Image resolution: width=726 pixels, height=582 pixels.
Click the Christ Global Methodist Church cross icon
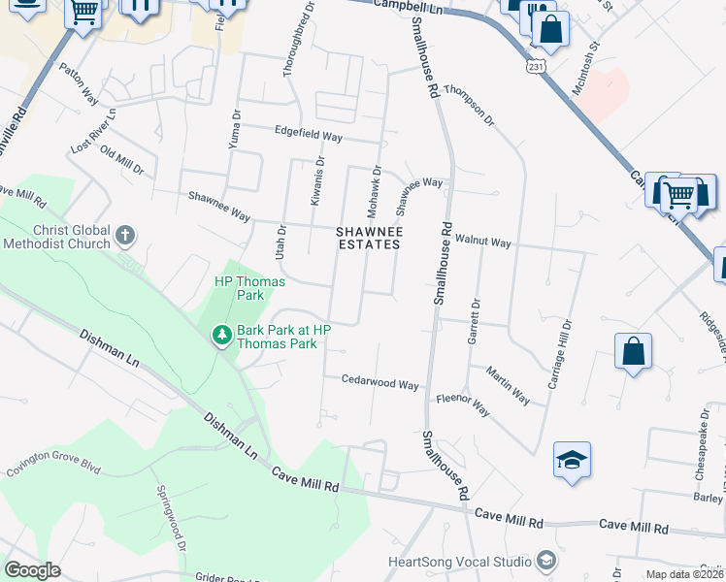tap(125, 235)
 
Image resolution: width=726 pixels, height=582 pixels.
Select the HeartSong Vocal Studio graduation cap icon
tap(545, 562)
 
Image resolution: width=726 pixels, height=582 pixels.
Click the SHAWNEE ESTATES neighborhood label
tap(368, 239)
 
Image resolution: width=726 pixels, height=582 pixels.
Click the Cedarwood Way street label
tap(379, 383)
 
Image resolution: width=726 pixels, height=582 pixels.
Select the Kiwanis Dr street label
tap(316, 180)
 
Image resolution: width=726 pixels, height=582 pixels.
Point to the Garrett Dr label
tap(476, 321)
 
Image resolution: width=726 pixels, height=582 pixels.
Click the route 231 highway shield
tap(536, 64)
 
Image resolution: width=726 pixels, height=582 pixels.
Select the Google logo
tap(32, 570)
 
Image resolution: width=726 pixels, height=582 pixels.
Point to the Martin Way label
tap(508, 385)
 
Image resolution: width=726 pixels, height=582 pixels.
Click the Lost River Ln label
tap(93, 130)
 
